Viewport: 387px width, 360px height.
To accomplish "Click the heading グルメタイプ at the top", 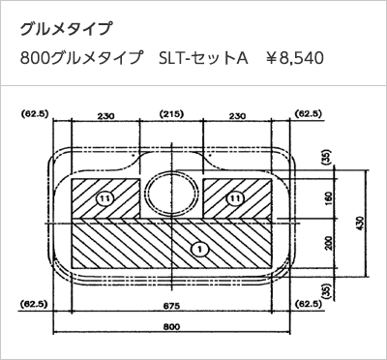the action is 66,29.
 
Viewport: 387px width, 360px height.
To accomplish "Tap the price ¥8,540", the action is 294,59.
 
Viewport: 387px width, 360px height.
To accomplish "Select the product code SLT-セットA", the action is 203,59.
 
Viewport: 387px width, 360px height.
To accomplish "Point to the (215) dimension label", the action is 171,114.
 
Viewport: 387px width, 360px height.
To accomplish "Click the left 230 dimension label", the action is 105,115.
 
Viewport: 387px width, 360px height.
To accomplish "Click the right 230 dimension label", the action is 237,115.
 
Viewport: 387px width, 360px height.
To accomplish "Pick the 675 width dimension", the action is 171,306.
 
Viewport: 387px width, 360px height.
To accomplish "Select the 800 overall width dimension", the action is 171,326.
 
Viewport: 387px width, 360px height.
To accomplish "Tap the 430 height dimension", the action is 361,224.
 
